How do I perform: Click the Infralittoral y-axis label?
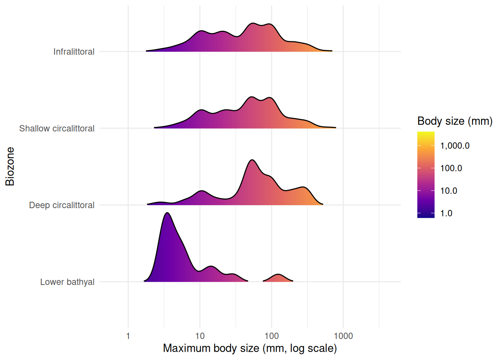point(73,52)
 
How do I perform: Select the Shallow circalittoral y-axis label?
point(57,129)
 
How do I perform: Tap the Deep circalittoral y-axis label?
point(61,205)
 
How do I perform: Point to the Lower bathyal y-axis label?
point(67,282)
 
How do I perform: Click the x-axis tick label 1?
point(128,336)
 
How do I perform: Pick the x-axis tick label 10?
point(200,336)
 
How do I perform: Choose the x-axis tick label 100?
point(271,336)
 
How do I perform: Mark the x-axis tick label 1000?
point(343,336)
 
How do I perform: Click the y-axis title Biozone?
point(10,166)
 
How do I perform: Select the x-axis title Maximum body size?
point(250,348)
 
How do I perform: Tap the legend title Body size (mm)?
point(454,121)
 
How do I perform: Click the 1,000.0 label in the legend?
point(454,146)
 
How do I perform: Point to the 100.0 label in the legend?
point(451,168)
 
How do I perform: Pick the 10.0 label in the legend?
point(448,191)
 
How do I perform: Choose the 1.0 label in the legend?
point(446,213)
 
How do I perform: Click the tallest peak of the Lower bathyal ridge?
point(167,213)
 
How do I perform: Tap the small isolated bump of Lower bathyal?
point(278,275)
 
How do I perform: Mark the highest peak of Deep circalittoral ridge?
point(252,160)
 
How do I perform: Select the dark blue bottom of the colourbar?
point(426,216)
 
